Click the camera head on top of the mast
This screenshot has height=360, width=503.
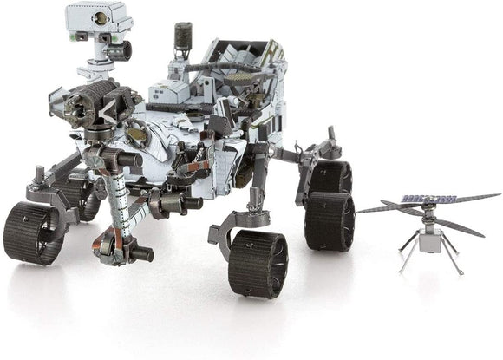[96, 17]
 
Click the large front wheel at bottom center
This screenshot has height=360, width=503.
[258, 264]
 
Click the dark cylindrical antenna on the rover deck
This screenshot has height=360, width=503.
[181, 36]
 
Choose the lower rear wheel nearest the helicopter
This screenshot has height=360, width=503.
[330, 220]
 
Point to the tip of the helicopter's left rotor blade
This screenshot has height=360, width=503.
[360, 211]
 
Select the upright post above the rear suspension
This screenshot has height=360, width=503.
[330, 137]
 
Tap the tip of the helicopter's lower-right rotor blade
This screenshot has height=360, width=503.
[482, 234]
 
